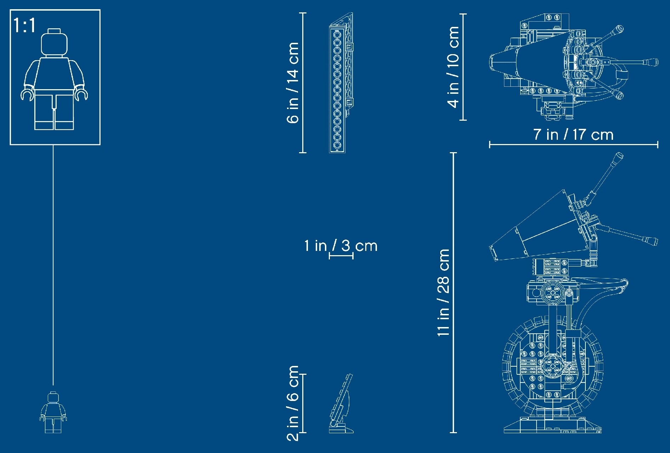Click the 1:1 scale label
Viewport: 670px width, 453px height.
[x=24, y=25]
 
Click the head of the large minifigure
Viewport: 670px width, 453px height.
[x=54, y=42]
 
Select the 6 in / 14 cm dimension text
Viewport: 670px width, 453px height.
[x=293, y=82]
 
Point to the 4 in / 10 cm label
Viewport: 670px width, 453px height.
[x=453, y=67]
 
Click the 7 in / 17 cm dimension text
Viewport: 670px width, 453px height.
[x=573, y=134]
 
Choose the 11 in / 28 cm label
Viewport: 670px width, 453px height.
[x=443, y=292]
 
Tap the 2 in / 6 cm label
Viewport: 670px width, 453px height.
[x=293, y=403]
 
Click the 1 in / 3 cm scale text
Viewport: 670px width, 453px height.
[x=341, y=246]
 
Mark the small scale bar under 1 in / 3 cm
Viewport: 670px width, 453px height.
[x=341, y=256]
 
